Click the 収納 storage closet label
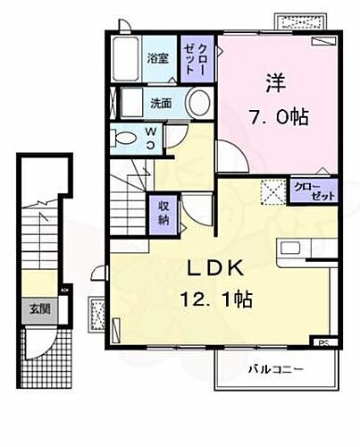point(163,213)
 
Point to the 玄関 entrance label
point(38,309)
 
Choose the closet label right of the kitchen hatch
point(308,190)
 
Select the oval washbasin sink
point(200,100)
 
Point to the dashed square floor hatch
point(271,190)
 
